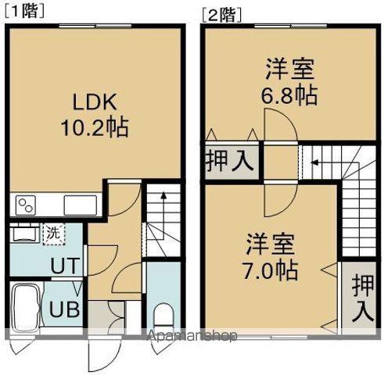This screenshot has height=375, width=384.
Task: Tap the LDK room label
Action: click(x=95, y=102)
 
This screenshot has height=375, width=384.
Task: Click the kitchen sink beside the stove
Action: click(x=80, y=205)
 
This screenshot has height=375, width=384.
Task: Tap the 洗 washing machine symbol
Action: click(x=52, y=232)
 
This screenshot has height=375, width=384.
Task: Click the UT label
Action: click(x=64, y=266)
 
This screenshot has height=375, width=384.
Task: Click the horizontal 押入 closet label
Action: click(x=230, y=162)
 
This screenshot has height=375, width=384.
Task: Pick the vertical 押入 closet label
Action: click(x=361, y=298)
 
